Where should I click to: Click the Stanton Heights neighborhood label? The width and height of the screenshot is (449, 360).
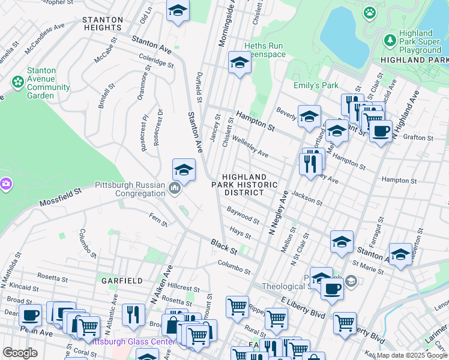[103, 23]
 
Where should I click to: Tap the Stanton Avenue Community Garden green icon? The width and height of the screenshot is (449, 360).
[17, 80]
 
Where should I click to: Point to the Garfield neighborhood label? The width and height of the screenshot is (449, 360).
[122, 281]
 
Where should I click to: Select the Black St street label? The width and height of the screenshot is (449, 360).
[224, 246]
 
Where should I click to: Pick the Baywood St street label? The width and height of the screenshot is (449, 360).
[243, 215]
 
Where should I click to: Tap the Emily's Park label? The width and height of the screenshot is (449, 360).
[316, 85]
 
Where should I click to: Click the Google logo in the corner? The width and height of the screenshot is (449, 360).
[20, 353]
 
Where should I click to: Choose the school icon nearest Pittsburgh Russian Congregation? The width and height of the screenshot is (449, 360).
[184, 170]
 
